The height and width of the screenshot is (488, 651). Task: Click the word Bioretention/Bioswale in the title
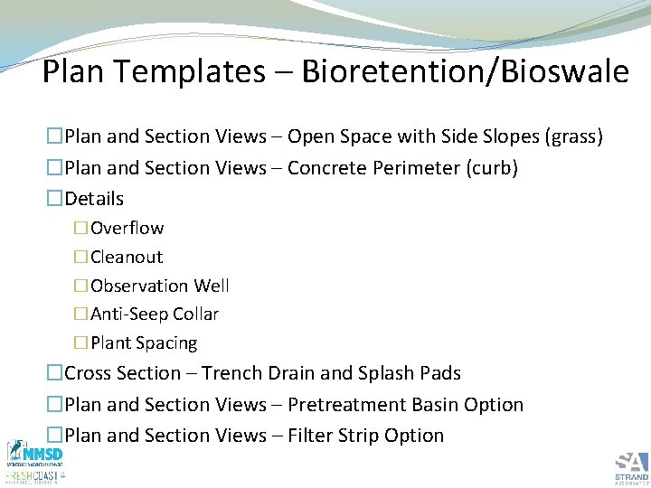tap(465, 71)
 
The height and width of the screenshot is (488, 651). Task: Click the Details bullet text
tap(94, 199)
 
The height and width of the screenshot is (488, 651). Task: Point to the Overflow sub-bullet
tap(127, 228)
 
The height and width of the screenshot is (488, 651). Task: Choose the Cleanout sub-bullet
tap(127, 257)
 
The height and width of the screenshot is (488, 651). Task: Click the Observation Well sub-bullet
tap(160, 286)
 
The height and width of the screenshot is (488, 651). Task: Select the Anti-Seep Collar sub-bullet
tap(155, 314)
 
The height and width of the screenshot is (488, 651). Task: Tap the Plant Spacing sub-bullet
tap(144, 343)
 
